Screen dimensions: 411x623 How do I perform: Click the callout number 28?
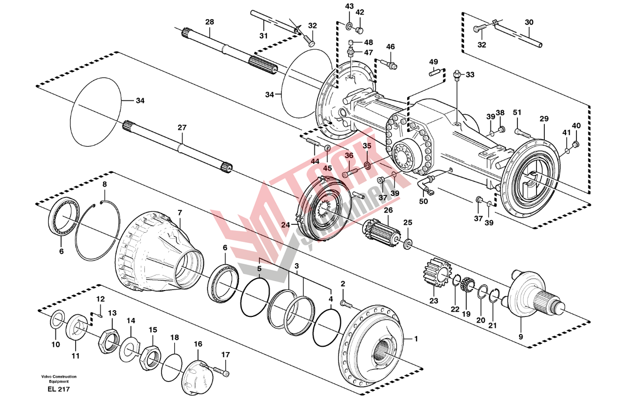point(209,22)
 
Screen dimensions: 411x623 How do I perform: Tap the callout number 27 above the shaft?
point(182,128)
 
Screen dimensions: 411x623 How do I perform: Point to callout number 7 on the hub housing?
point(180,212)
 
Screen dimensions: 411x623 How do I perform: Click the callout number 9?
point(521,337)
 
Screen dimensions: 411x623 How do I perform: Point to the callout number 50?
point(424,202)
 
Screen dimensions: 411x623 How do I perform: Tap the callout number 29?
point(543,119)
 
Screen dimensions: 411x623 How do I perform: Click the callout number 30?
point(528,22)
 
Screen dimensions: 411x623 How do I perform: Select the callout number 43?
point(349,6)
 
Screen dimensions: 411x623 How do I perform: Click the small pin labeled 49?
point(435,73)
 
